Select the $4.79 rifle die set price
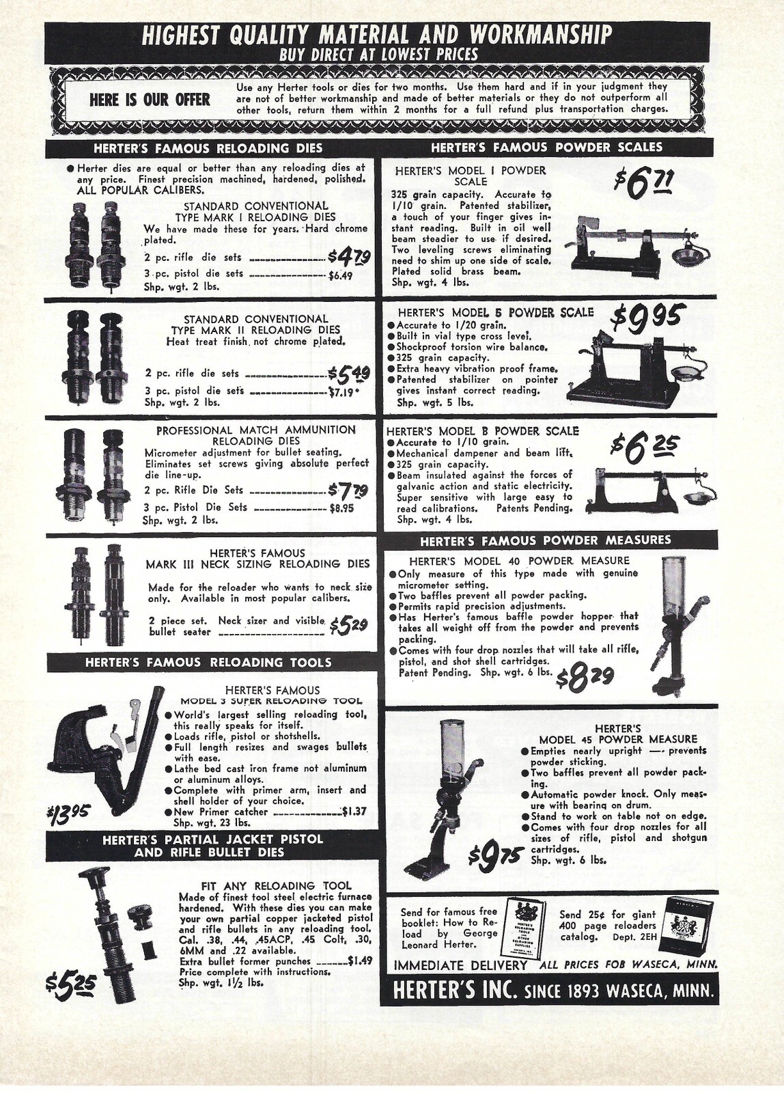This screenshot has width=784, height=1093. [x=349, y=257]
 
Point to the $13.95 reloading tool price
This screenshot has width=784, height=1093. [x=69, y=814]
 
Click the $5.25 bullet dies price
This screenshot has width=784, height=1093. [x=71, y=986]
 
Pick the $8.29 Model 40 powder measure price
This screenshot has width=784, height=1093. [x=585, y=678]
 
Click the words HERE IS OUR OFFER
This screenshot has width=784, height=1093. [x=150, y=100]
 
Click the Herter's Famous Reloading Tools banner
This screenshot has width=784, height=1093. [x=208, y=662]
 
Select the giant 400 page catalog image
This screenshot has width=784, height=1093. [x=689, y=928]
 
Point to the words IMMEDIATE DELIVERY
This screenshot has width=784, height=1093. [x=460, y=965]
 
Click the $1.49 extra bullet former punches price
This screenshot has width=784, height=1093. [x=359, y=960]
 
